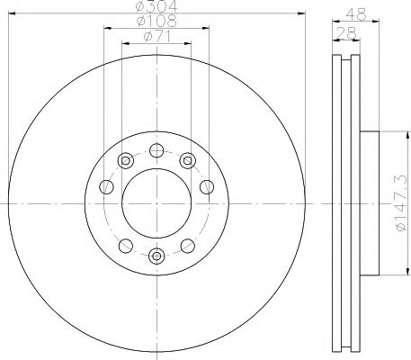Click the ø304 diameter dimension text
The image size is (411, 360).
[x=156, y=8]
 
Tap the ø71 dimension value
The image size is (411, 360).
[x=156, y=37]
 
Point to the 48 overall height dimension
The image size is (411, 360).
[x=357, y=13]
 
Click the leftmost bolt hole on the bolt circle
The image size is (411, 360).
[x=106, y=187]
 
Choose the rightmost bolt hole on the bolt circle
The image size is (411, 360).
[x=207, y=187]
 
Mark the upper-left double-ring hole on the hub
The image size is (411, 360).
[x=125, y=161]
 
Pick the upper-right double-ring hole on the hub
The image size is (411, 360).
[x=187, y=161]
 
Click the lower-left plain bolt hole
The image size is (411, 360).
[x=125, y=245]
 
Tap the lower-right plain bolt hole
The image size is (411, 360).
[x=187, y=245]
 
